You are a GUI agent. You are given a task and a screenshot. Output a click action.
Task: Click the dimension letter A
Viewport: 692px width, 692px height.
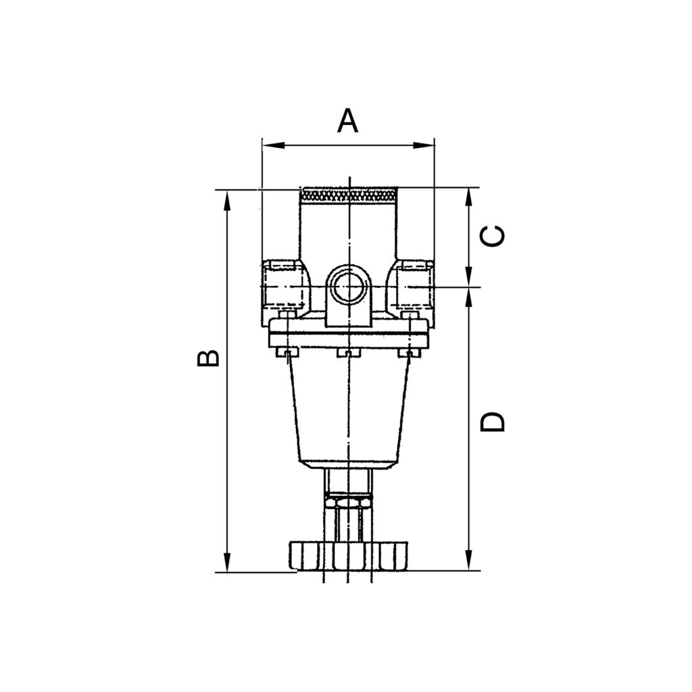347,121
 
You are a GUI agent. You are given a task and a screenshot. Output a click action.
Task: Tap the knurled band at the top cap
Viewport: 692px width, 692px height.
347,195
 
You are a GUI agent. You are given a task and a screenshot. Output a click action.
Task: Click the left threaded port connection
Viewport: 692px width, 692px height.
282,287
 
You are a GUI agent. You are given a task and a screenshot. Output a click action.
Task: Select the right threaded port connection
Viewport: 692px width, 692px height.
413,287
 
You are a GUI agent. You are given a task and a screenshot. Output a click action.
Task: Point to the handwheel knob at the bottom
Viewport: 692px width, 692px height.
347,555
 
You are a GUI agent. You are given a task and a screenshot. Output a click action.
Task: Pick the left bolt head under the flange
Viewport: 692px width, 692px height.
287,353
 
